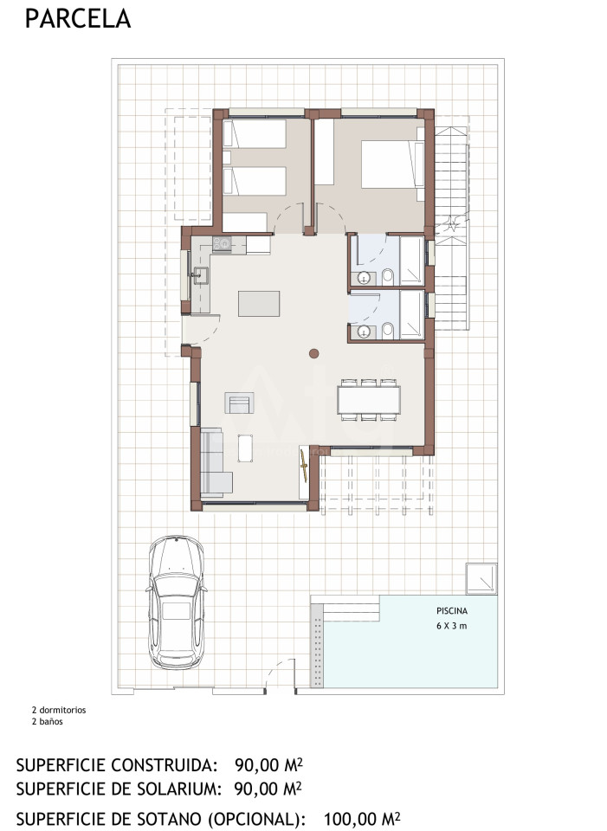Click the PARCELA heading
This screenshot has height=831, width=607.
77,18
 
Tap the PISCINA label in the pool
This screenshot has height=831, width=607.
452,611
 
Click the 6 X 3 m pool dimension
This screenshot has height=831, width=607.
452,626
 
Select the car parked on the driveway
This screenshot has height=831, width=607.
177,602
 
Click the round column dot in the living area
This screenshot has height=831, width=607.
313,353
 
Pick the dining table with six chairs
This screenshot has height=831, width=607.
369,400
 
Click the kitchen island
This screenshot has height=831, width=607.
259,304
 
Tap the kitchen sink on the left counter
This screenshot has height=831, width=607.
200,275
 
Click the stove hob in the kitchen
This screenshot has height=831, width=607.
222,244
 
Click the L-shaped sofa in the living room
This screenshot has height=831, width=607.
215,462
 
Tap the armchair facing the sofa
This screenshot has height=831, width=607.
239,403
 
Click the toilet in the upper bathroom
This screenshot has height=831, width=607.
388,275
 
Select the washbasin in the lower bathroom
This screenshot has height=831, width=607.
363,332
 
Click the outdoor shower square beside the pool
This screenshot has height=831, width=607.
481,579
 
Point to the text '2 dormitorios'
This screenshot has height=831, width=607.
58,710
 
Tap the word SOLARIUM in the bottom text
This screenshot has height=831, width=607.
171,789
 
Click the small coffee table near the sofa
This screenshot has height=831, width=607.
245,448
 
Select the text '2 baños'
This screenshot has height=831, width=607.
47,721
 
